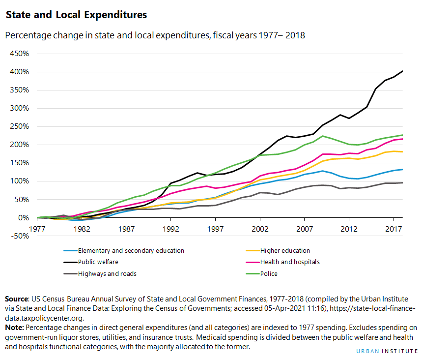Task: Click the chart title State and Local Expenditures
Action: tap(76, 15)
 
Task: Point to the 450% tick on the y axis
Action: tap(19, 54)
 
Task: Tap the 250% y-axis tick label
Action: tap(19, 126)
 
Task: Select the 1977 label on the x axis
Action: tap(37, 229)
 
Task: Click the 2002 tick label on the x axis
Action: tap(260, 229)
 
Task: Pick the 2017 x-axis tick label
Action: tap(393, 229)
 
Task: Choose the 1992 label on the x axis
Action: tap(171, 229)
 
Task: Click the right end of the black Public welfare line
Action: tap(402, 71)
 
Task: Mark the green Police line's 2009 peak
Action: tap(322, 136)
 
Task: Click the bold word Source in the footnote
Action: tap(17, 299)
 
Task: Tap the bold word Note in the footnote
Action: tap(14, 327)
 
